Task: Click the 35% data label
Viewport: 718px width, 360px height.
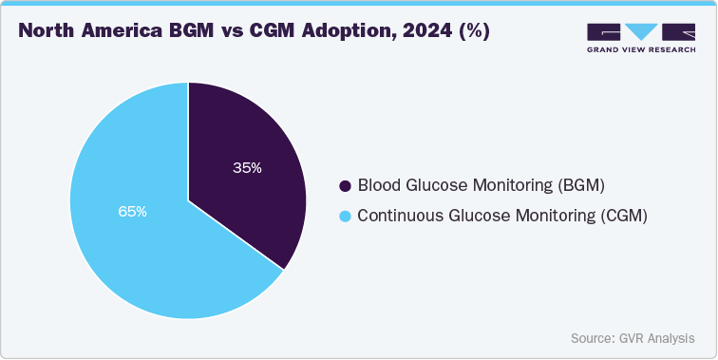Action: (247, 168)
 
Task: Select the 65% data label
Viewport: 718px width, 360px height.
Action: (132, 212)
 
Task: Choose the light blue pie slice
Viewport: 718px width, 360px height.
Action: (142, 247)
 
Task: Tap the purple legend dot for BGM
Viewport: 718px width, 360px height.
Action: (346, 184)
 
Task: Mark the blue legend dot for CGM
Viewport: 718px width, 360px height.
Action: (346, 217)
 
